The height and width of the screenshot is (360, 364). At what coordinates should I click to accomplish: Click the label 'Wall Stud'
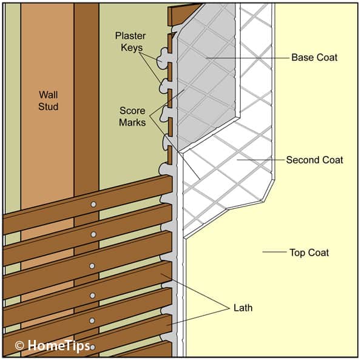pyautogui.click(x=48, y=100)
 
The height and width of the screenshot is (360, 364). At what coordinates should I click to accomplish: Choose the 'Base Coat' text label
pyautogui.click(x=314, y=58)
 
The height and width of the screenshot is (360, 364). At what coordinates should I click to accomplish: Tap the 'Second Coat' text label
pyautogui.click(x=314, y=160)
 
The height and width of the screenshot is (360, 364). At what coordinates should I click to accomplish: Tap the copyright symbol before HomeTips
pyautogui.click(x=19, y=345)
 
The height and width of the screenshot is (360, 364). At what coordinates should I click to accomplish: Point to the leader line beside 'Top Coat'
pyautogui.click(x=273, y=251)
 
